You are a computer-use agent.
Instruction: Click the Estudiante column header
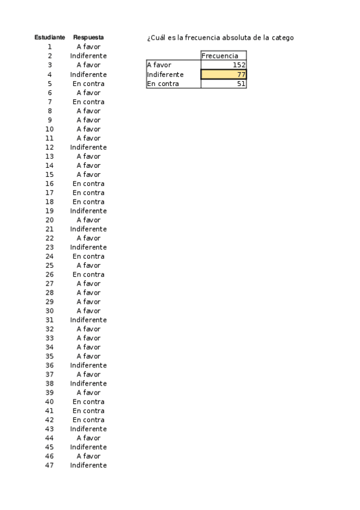49,37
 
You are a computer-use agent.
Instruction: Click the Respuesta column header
88,37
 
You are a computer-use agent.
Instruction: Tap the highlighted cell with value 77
224,75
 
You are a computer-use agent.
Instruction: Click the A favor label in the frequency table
159,65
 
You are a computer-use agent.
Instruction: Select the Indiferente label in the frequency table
165,75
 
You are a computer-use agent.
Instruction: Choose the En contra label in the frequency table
163,84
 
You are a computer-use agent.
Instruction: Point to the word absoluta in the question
237,38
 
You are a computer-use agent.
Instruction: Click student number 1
49,46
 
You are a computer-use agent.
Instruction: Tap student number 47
49,465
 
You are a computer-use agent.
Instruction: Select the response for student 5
88,84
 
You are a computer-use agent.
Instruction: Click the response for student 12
88,147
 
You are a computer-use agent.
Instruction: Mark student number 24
49,256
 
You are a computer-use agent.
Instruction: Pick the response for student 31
88,320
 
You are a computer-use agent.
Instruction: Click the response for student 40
88,402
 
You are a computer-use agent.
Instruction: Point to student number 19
49,211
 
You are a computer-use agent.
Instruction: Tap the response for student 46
88,456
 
